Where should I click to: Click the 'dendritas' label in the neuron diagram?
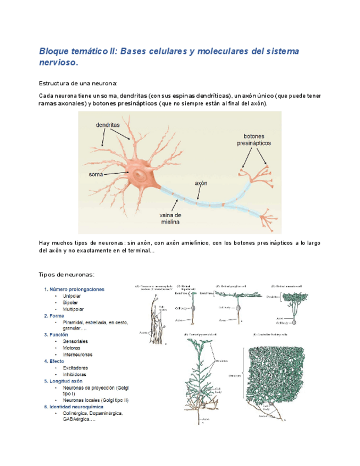click(108, 125)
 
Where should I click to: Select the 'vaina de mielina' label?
click(170, 219)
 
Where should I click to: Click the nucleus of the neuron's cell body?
click(140, 176)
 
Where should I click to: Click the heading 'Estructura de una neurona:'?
click(77, 82)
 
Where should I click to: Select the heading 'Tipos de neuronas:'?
click(67, 274)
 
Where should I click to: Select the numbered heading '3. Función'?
click(56, 334)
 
